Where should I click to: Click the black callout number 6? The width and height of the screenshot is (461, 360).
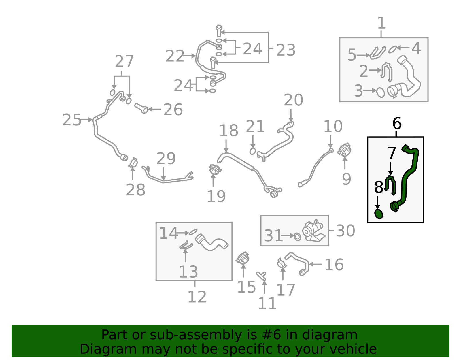coord(397,123)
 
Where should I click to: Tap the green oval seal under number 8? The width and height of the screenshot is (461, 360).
coord(379,214)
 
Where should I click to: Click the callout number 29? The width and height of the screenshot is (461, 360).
coord(166,159)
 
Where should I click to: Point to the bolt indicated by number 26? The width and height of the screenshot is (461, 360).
coord(141,108)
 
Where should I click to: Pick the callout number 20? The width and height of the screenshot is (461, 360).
coord(293,100)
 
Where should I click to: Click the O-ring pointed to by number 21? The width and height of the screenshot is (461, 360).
coord(252,151)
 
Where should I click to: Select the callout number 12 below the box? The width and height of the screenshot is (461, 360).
coord(197,297)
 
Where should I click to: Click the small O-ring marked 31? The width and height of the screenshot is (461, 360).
coord(297,237)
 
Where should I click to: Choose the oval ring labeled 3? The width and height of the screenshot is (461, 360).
coord(380,93)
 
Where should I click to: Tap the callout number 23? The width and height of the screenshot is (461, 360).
coord(286,50)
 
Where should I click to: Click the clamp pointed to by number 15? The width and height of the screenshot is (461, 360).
coord(243,258)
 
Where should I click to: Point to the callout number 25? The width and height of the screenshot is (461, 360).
coord(72,120)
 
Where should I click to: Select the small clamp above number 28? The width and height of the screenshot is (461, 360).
coord(133,163)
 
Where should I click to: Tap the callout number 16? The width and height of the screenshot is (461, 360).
coord(334,265)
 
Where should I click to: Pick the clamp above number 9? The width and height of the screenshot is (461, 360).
coord(344,150)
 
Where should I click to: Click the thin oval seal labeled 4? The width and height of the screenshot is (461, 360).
coord(392,49)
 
